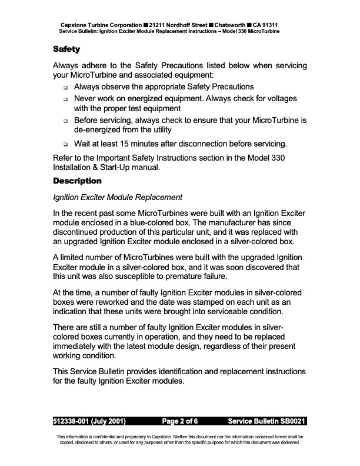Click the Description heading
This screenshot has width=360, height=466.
[x=77, y=180]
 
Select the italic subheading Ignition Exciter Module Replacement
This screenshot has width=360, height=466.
[x=118, y=197]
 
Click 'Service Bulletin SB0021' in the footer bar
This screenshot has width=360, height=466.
[x=266, y=422]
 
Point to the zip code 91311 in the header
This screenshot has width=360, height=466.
[x=283, y=25]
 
